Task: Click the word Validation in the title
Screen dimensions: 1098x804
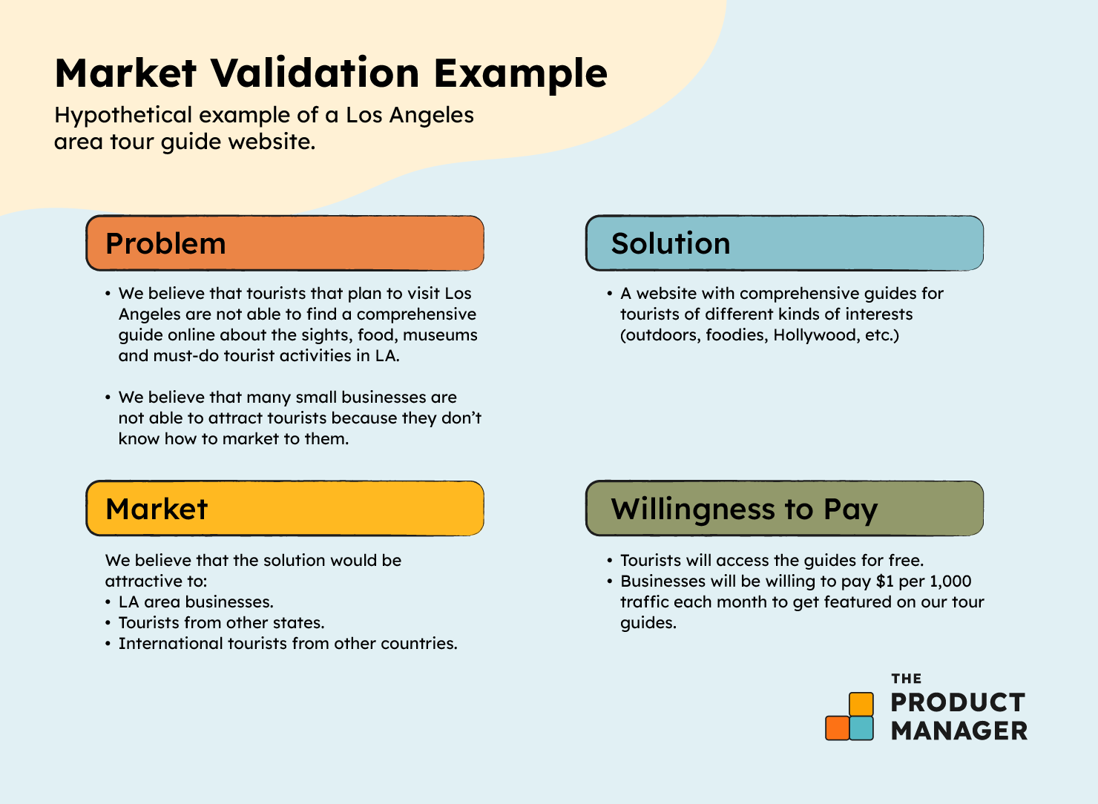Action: click(315, 73)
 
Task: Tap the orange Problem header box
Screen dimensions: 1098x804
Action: click(285, 243)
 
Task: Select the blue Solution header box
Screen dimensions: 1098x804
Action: click(784, 243)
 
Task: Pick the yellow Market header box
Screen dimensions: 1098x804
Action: click(285, 508)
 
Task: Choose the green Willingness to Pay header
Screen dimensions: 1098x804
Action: click(784, 508)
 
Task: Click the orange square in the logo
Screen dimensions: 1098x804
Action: click(837, 728)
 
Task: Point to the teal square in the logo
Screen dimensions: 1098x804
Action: click(861, 728)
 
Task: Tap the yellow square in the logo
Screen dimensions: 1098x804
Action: click(861, 704)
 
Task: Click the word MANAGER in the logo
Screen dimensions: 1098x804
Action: click(959, 731)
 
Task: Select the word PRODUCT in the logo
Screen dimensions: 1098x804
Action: click(958, 702)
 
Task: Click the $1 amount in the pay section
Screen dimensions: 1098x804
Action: click(885, 581)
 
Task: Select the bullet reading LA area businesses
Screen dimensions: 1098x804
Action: click(189, 602)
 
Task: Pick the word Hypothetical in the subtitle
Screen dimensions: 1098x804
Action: click(123, 116)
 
